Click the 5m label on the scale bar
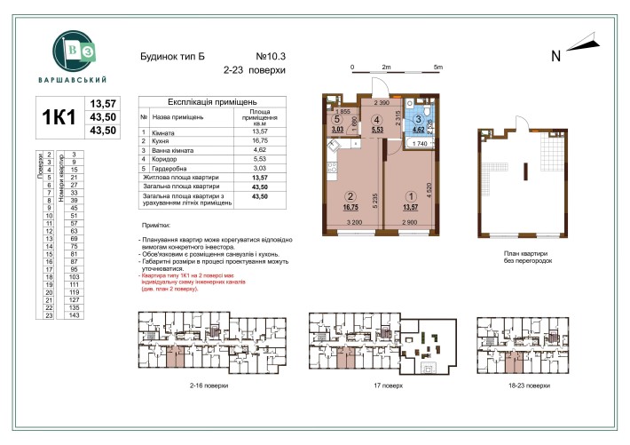click(437, 68)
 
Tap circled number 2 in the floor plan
click(350, 197)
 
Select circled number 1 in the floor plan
click(409, 197)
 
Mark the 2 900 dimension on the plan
click(409, 220)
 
